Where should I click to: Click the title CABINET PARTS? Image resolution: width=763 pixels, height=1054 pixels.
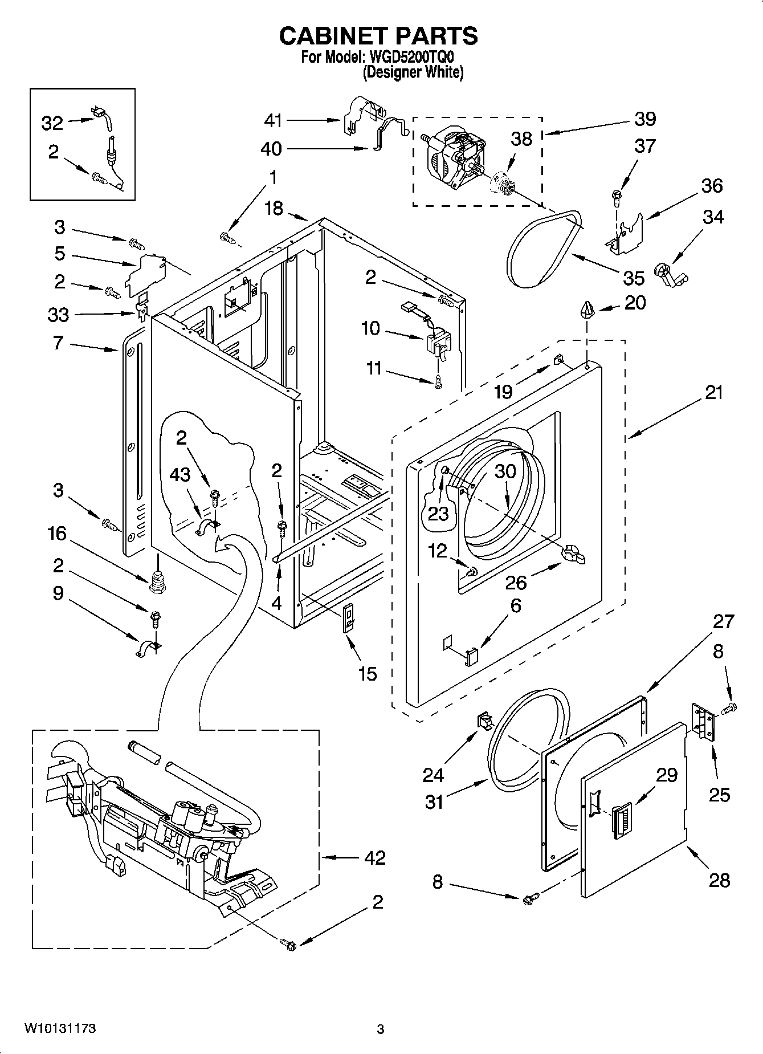[x=378, y=36]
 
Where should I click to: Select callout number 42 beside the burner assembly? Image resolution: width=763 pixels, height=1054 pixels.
[x=374, y=857]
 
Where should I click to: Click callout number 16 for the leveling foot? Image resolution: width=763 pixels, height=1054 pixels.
[x=57, y=534]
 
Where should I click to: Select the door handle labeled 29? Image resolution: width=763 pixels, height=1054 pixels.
[x=620, y=820]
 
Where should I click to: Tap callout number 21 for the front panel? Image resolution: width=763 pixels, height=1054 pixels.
[x=714, y=392]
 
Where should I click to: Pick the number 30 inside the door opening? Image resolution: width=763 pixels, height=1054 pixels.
[x=505, y=471]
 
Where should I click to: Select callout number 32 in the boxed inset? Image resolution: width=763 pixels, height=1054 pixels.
[x=52, y=123]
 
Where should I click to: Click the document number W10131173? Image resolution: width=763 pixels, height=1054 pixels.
[x=60, y=1028]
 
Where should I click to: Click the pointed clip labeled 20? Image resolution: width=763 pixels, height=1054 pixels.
[x=587, y=310]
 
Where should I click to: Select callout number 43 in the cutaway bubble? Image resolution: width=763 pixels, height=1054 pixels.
[x=180, y=474]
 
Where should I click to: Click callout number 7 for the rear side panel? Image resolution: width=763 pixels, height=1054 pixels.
[x=58, y=343]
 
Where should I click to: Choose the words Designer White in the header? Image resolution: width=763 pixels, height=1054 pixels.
[x=413, y=72]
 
